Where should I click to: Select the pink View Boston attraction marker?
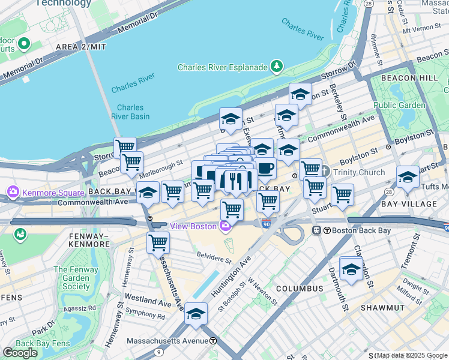(225, 226)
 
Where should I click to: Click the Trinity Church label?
(360, 173)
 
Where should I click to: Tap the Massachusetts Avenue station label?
(168, 341)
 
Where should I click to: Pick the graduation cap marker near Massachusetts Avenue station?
(196, 314)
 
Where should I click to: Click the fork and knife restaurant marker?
(236, 181)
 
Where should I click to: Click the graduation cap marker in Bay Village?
(408, 177)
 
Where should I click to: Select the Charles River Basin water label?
(130, 112)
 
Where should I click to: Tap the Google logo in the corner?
(20, 353)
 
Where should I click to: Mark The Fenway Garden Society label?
(76, 278)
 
